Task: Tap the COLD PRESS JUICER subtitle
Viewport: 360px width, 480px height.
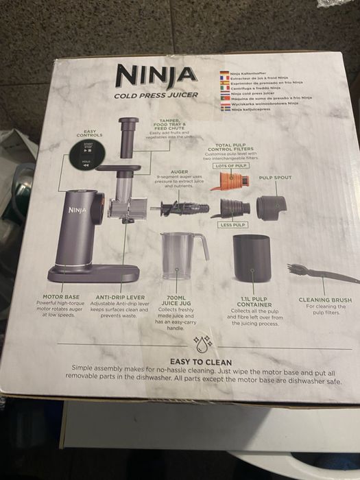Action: [156, 95]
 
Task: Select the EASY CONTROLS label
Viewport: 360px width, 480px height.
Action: [89, 133]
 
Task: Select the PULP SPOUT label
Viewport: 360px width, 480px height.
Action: [275, 178]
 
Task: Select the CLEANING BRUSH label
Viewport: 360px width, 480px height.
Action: [325, 300]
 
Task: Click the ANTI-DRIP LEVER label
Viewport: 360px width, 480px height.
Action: [119, 298]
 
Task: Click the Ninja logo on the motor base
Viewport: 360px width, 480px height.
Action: [76, 204]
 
